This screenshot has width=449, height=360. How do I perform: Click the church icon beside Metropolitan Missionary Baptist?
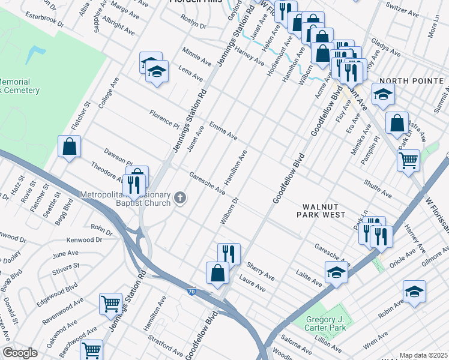point(179,198)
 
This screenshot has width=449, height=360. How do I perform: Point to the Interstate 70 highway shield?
point(190,291)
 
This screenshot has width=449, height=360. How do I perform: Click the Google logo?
point(20,353)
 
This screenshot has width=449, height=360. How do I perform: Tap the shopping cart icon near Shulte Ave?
point(408,161)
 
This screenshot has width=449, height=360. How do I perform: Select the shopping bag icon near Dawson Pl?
point(70,146)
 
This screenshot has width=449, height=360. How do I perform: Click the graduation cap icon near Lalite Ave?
point(336,272)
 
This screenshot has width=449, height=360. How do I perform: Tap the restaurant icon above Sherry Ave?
point(229,253)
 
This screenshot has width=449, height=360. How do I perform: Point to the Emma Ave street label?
point(223,131)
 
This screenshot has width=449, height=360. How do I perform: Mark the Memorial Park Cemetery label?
point(19,86)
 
